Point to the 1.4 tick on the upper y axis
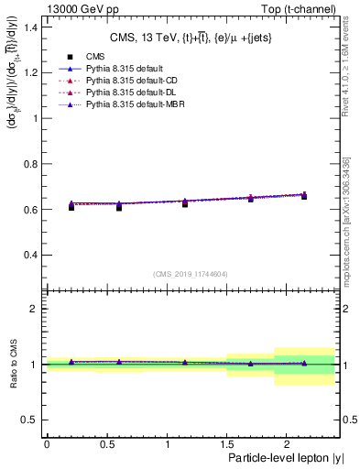pyautogui.click(x=34, y=28)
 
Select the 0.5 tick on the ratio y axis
pyautogui.click(x=34, y=420)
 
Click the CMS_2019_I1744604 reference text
pyautogui.click(x=190, y=274)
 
